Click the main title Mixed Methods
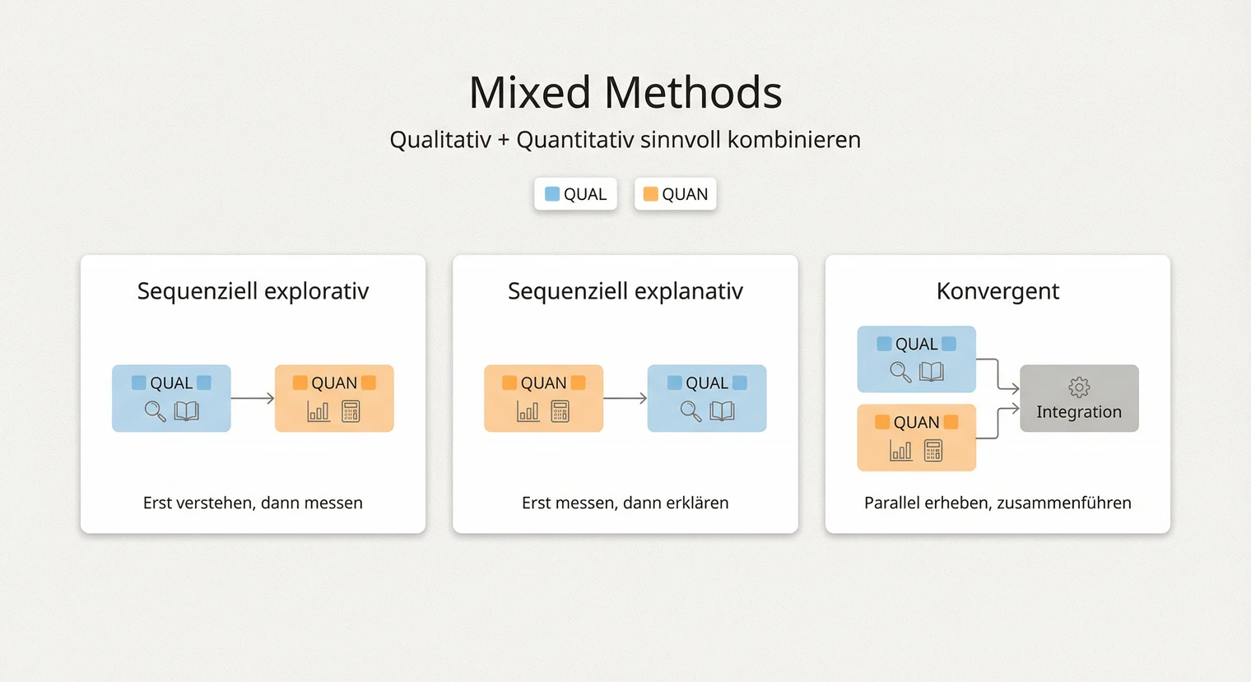[625, 92]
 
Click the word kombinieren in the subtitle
[793, 140]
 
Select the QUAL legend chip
[575, 194]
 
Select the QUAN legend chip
[675, 194]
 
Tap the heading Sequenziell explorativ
[253, 291]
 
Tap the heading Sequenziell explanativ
[625, 291]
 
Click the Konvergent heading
[998, 291]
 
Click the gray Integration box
[1079, 399]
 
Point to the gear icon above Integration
[1079, 387]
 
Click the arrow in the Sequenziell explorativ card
[253, 398]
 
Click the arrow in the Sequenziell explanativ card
[625, 398]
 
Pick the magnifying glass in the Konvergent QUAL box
[900, 372]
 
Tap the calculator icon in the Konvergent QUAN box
[933, 451]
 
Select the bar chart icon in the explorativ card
[318, 411]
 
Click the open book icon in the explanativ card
[722, 411]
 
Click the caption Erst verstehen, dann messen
[253, 503]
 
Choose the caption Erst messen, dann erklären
[625, 503]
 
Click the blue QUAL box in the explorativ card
[171, 398]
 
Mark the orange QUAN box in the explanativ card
[543, 398]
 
